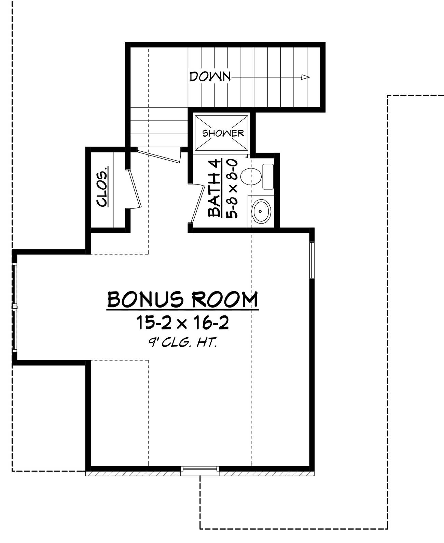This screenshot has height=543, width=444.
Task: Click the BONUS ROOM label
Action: click(x=183, y=300)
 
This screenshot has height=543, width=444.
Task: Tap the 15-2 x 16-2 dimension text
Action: click(x=182, y=323)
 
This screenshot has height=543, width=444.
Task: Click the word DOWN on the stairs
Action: click(x=210, y=77)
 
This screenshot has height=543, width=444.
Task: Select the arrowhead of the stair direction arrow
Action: click(x=305, y=78)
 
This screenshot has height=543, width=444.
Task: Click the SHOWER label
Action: click(x=223, y=133)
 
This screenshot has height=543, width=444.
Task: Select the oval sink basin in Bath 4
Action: click(x=261, y=211)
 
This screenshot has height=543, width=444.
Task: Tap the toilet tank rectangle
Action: click(x=268, y=176)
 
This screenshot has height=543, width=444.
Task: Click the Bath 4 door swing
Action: click(x=195, y=204)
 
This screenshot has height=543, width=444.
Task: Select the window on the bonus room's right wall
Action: click(x=312, y=260)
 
